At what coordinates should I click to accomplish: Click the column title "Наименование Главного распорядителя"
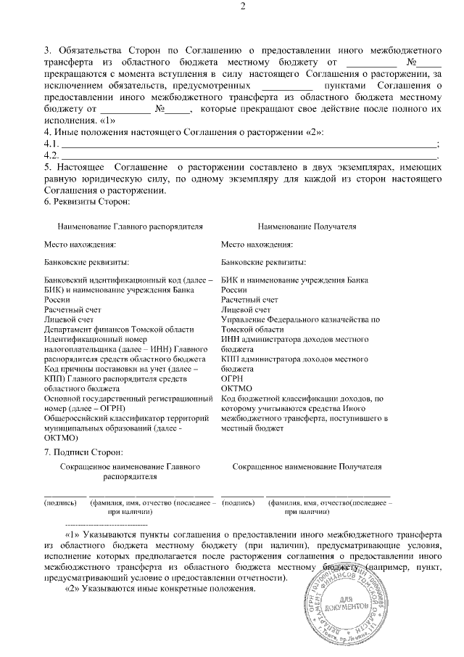pos(125,227)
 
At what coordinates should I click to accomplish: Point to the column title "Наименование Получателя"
pos(307,227)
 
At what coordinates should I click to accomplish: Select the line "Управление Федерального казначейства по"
pos(300,319)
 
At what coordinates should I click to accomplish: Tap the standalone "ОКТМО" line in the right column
pos(235,388)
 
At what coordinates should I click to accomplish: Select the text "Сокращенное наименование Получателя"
pos(307,467)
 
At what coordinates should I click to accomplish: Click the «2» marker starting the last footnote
pos(72,588)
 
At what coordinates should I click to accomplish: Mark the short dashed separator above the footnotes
pos(106,523)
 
